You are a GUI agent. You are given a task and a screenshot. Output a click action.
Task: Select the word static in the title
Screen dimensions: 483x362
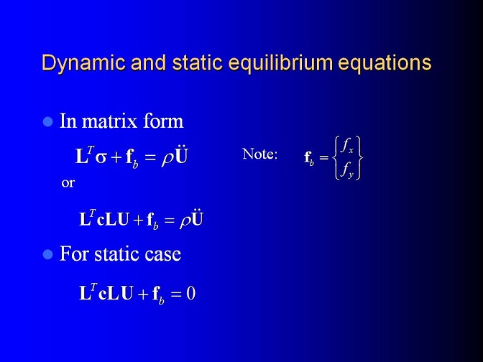click(197, 62)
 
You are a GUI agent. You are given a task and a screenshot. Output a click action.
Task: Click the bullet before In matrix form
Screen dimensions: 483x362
click(47, 121)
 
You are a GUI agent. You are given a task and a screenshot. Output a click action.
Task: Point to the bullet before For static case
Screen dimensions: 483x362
click(47, 254)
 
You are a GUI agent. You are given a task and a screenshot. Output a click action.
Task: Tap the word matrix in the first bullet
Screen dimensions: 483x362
click(109, 121)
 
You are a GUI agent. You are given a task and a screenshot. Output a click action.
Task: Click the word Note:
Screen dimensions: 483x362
click(260, 154)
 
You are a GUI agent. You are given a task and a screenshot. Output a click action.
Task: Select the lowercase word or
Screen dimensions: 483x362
click(68, 183)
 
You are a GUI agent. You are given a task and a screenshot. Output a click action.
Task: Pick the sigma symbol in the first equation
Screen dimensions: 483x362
click(101, 158)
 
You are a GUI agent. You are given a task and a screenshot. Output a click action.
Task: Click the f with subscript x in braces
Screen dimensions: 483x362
click(347, 146)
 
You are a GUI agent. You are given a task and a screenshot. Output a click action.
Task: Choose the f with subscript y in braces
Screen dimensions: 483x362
click(347, 170)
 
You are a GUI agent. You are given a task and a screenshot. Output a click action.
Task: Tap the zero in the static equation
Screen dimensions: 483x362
click(191, 293)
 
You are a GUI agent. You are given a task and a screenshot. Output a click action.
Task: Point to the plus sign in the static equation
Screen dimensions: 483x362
click(143, 294)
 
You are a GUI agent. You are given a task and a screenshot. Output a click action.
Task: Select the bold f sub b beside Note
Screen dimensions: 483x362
click(309, 158)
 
